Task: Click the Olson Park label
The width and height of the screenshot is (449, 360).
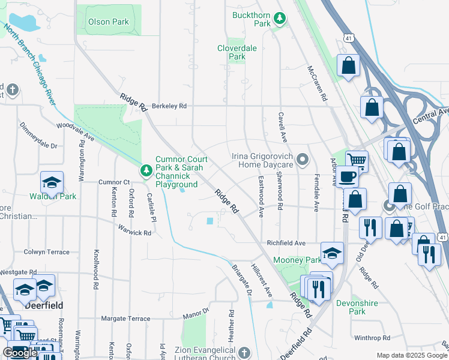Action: (x=109, y=22)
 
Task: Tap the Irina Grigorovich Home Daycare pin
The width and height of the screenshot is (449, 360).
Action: (x=303, y=160)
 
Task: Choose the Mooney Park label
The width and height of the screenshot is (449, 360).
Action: (x=297, y=260)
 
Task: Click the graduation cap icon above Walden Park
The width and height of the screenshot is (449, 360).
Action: (x=52, y=182)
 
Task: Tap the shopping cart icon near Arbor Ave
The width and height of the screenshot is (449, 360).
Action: (x=357, y=160)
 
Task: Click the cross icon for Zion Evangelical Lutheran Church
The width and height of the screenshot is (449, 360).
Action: (x=243, y=351)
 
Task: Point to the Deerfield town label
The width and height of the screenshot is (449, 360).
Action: (x=44, y=305)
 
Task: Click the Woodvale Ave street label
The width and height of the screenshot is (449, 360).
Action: (x=76, y=132)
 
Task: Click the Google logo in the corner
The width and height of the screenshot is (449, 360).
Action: (x=20, y=353)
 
